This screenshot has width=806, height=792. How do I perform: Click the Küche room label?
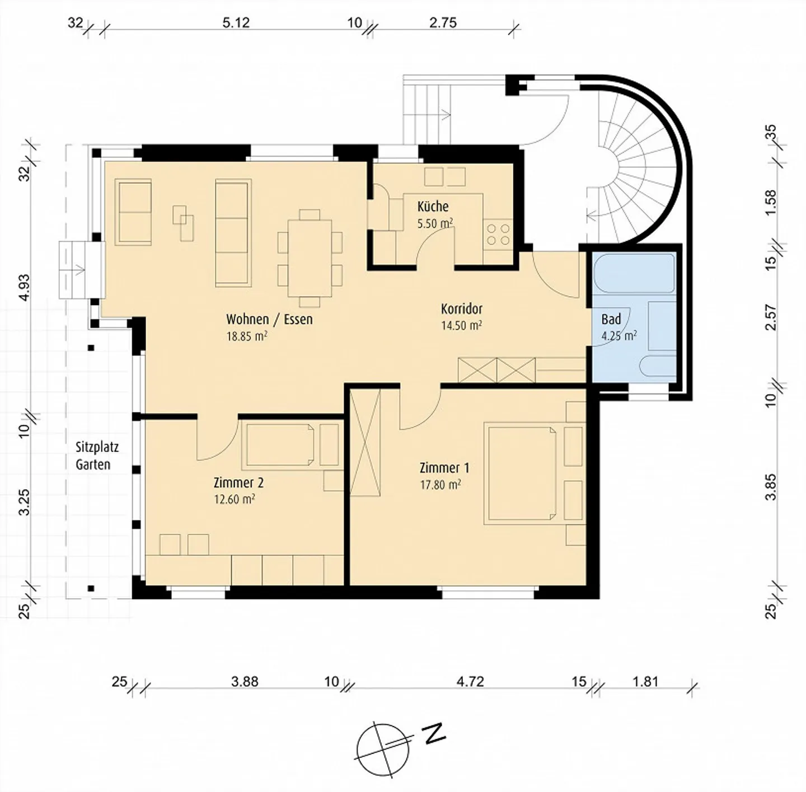coord(433,207)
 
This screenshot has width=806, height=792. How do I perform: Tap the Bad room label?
coord(611,320)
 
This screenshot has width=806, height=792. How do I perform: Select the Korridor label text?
coord(461,309)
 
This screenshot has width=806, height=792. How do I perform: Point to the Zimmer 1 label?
coord(444,467)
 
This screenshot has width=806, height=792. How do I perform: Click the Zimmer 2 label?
coord(238,483)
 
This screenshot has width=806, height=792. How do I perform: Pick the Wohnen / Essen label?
coord(269,319)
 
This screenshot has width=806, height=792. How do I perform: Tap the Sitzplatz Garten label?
coord(97,456)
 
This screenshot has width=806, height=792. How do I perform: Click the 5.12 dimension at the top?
coord(236,22)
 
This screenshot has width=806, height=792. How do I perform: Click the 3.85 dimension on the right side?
coord(770,487)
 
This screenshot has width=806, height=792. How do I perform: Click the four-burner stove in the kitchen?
coord(499,235)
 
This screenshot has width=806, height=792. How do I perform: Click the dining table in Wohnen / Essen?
coord(310,258)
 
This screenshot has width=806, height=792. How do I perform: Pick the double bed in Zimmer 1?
coord(521,473)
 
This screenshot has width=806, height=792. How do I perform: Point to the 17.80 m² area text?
coord(441,485)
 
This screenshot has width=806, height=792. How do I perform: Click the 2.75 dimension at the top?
coord(443,22)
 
